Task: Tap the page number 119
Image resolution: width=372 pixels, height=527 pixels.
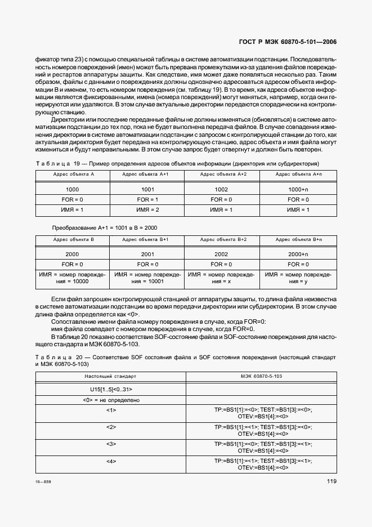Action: pos(331,481)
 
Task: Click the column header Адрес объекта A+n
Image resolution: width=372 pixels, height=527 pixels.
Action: pos(298,175)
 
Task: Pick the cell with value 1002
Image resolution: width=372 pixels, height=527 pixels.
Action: pos(222,190)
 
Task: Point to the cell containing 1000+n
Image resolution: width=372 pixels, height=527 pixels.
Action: pos(298,190)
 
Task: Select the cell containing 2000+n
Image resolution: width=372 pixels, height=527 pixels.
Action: pos(298,254)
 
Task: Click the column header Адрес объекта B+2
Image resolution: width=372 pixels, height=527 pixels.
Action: pos(222,239)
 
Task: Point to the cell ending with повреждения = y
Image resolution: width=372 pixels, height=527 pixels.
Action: pos(298,278)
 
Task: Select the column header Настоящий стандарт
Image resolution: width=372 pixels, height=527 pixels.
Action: pos(110,376)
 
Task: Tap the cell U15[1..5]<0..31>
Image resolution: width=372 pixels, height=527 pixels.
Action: pos(110,390)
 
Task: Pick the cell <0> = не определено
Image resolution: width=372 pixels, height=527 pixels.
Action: pos(110,400)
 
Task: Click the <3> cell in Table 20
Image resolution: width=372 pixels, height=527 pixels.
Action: pos(110,444)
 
